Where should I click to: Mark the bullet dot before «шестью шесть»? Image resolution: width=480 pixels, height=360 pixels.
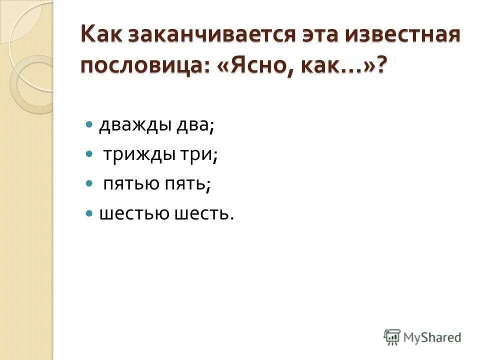(x=89, y=213)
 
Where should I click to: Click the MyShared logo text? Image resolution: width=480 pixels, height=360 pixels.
(x=433, y=337)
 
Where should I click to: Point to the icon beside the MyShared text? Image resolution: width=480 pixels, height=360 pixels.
(x=392, y=337)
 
